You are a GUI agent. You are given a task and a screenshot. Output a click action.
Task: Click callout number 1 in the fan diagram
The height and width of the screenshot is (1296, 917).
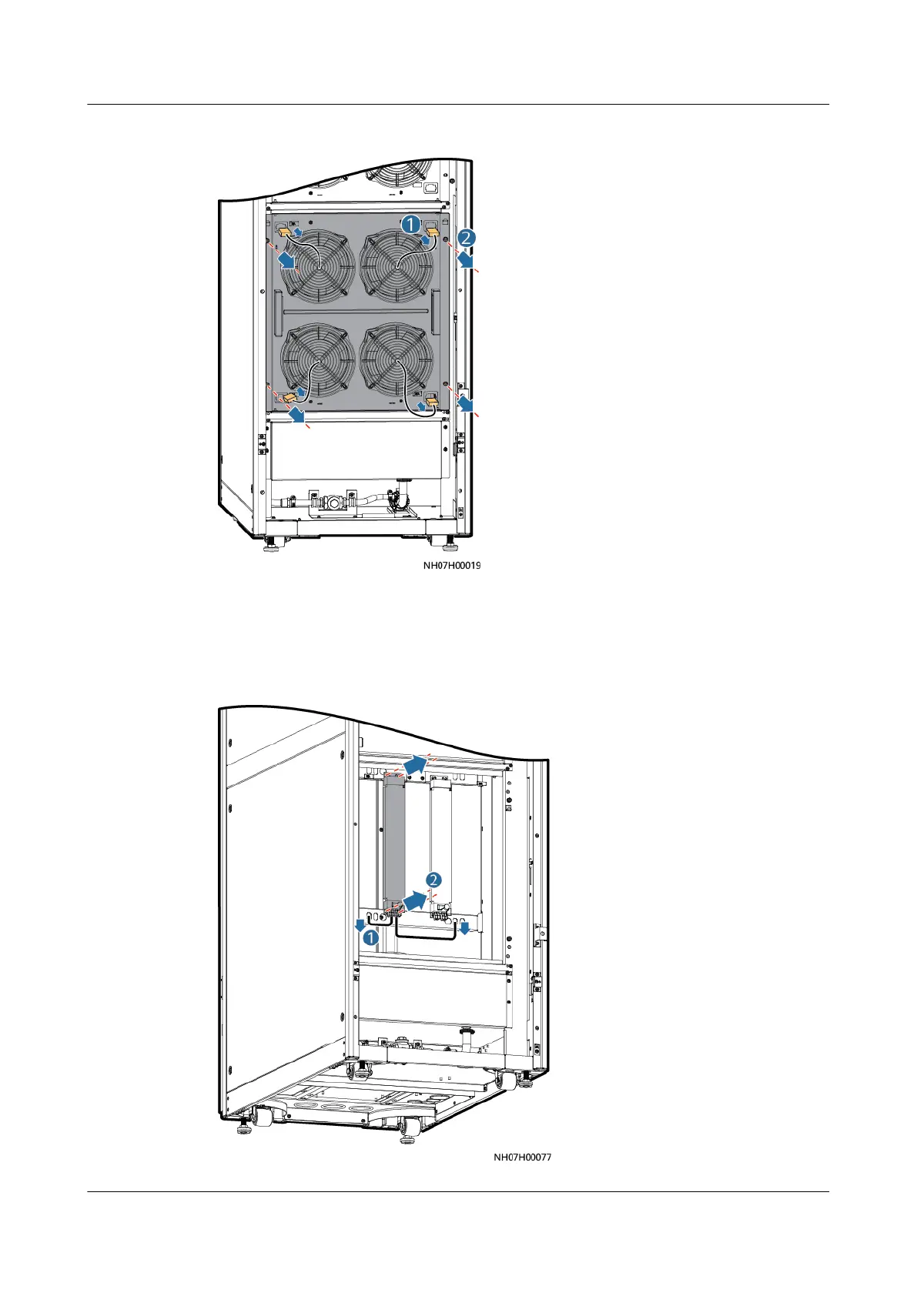click(411, 224)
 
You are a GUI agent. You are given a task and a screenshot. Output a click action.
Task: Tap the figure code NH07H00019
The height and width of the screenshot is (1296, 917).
click(451, 566)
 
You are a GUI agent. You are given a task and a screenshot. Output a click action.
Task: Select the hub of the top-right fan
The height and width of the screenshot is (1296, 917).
click(397, 266)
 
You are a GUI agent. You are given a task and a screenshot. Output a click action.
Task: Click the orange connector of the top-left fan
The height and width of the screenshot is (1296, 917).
click(283, 231)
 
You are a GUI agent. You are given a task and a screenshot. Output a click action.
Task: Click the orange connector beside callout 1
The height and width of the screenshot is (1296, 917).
click(432, 231)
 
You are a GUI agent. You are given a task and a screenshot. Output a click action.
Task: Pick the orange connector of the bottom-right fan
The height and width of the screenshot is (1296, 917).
click(433, 401)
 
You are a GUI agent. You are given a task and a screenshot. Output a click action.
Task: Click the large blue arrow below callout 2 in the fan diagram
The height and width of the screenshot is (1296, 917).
click(464, 263)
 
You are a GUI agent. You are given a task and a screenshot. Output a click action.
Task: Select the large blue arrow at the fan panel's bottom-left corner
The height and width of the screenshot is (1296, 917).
click(293, 416)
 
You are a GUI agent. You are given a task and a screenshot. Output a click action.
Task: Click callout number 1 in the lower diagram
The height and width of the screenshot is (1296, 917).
click(371, 937)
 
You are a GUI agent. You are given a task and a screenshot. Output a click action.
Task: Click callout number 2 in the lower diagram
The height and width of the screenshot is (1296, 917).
click(435, 880)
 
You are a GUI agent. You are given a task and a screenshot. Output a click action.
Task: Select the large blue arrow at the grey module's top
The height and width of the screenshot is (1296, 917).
click(413, 764)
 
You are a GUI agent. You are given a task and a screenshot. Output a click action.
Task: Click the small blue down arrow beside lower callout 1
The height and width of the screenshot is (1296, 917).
click(359, 923)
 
